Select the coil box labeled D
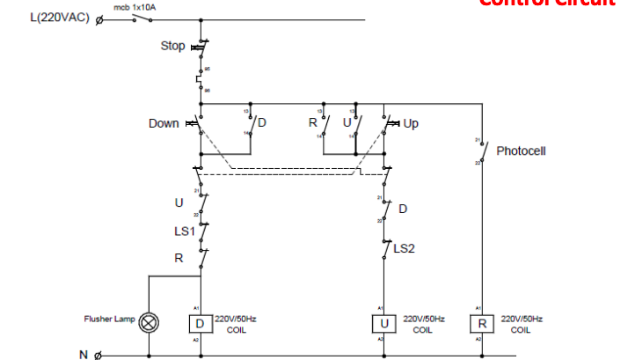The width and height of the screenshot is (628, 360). pos(201,324)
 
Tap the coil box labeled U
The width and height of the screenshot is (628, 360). pos(383,324)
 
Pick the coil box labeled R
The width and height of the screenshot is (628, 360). pos(482,324)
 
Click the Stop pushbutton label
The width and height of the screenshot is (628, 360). pos(172,46)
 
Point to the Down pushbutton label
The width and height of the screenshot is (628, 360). pos(164,124)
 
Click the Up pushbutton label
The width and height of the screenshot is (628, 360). pos(411,124)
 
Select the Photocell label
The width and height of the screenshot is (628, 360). pos(521,151)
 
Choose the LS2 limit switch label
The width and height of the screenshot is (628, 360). pos(404,249)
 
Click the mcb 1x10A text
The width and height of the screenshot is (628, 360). pos(134,7)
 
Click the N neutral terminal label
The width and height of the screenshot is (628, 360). pos(84,355)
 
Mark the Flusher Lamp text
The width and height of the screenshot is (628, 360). pos(110,319)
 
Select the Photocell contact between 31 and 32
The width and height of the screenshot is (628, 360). pos(482,151)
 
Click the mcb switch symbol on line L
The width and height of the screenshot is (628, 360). pos(135,18)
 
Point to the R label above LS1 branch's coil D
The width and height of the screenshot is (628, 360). pos(179,259)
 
